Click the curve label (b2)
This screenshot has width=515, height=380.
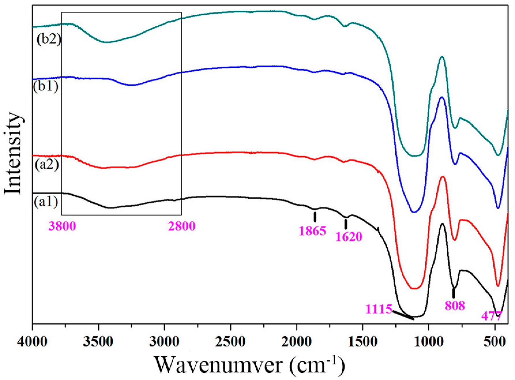click(48, 39)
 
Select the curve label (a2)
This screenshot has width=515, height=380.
click(47, 165)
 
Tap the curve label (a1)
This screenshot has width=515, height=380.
click(46, 202)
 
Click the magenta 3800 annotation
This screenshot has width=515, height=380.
click(62, 226)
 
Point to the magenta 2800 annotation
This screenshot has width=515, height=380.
click(182, 226)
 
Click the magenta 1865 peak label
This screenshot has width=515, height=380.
click(312, 231)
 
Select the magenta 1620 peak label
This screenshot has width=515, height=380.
click(349, 237)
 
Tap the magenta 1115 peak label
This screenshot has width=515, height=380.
click(379, 309)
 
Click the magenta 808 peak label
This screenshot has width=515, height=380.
click(455, 306)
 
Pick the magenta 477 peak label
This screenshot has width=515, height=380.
click(491, 316)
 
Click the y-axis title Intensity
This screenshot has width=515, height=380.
click(13, 153)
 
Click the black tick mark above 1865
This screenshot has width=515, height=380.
click(315, 217)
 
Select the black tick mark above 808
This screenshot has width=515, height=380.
click(454, 293)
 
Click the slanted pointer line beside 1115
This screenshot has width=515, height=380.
click(403, 315)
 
